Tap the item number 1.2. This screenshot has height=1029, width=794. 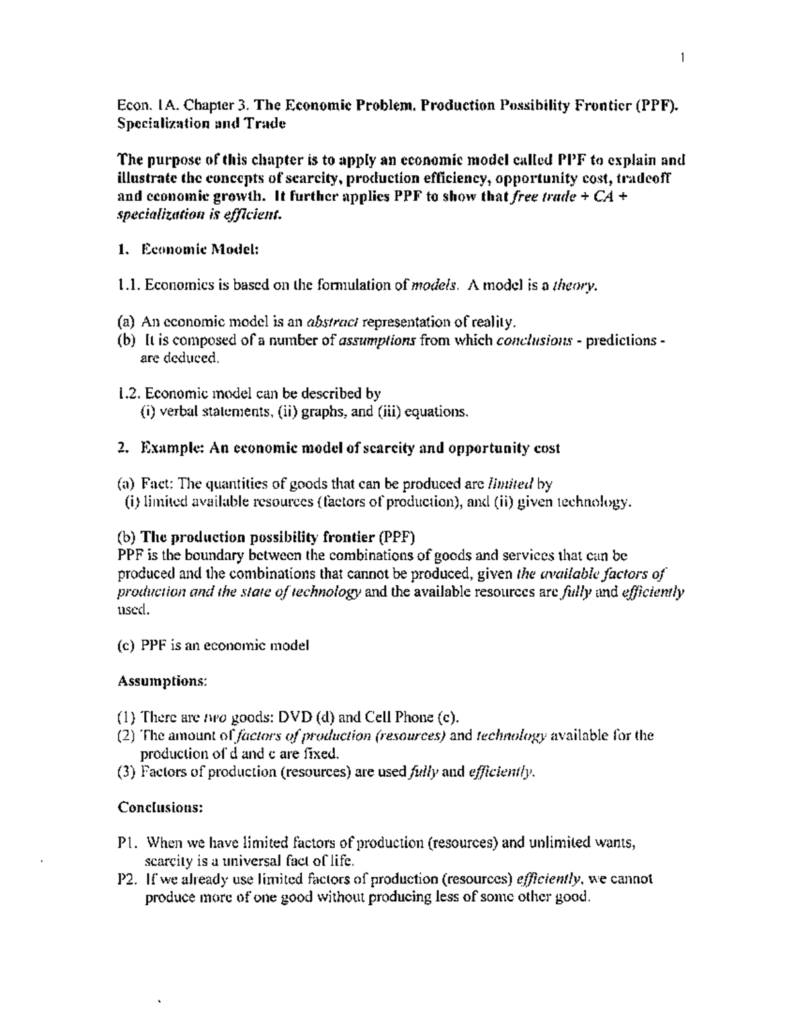(130, 393)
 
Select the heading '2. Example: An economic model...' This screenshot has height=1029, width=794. (339, 448)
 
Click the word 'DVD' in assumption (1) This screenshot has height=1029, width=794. (295, 717)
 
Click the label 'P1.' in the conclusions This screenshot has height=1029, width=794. (127, 843)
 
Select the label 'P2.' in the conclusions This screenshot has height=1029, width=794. (127, 879)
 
